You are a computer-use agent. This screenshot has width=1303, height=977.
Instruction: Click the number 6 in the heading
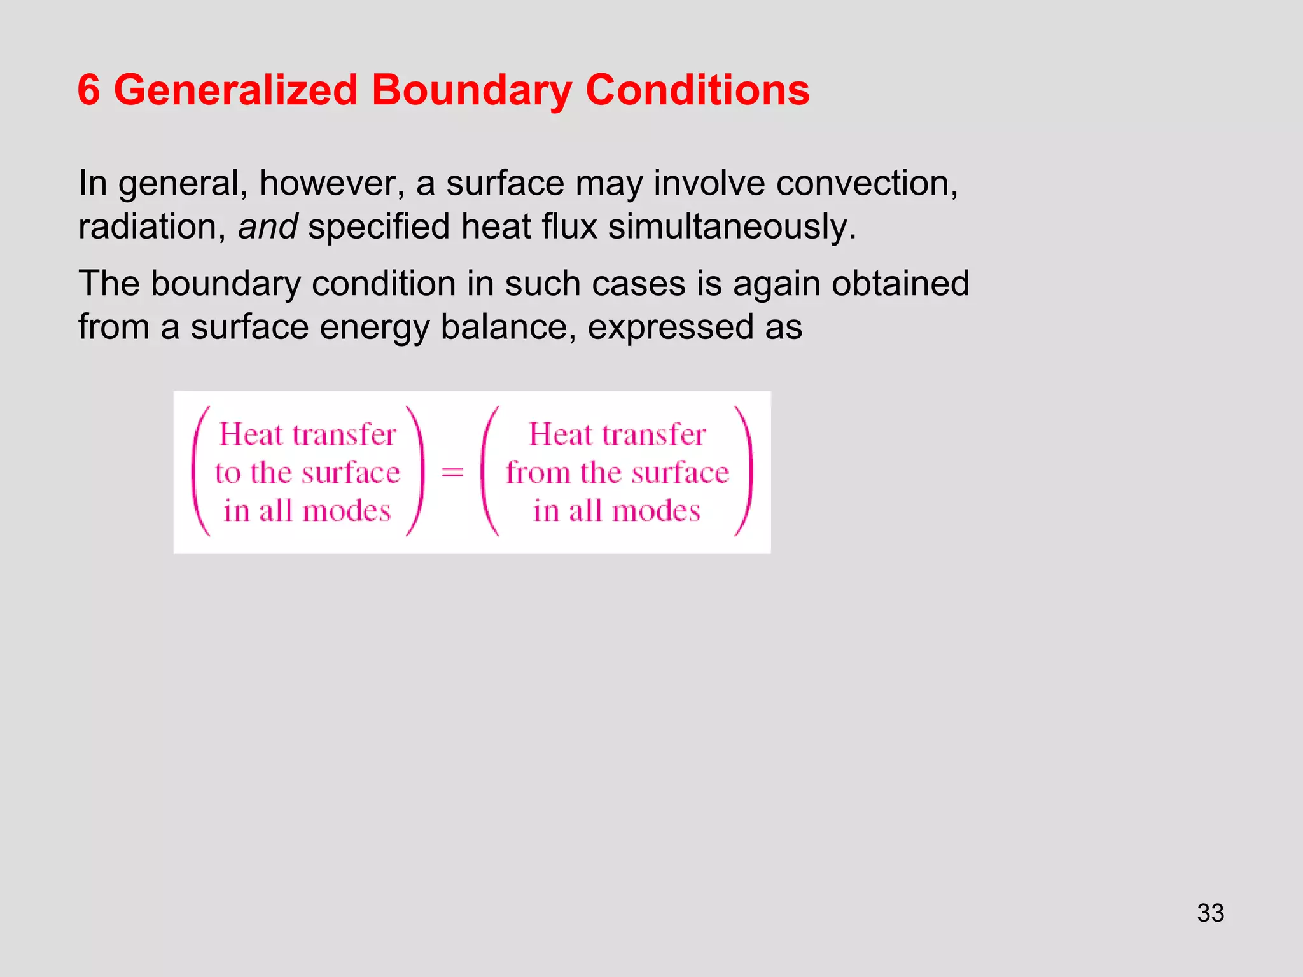pos(89,90)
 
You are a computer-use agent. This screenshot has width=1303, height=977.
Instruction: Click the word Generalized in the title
pos(235,90)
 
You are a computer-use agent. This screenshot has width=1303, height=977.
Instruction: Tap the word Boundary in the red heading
pos(471,90)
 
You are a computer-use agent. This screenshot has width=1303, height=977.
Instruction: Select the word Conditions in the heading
pos(697,90)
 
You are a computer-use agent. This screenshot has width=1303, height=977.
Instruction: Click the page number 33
pos(1210,913)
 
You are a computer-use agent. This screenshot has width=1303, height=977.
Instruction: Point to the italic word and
pos(267,226)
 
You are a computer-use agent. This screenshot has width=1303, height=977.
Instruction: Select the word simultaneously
pos(732,226)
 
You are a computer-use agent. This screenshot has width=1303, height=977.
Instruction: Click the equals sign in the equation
pos(452,473)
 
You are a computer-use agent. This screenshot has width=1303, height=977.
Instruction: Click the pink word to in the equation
pos(228,473)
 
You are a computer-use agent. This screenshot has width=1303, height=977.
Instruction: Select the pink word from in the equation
pos(538,473)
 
